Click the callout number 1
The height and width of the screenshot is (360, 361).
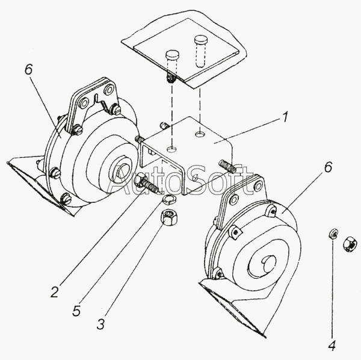pos(285,117)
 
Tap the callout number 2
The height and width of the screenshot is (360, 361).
pos(55,291)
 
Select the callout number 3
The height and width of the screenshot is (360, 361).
pos(101,323)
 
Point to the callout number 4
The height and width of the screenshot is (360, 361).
pos(332,346)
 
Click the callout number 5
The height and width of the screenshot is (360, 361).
pos(76,311)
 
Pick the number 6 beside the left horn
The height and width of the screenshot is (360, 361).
pos(29,69)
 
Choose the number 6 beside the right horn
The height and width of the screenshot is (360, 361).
pos(329,167)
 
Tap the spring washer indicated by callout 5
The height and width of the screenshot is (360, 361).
pos(169,199)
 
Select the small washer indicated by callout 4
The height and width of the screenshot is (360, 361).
pos(333,234)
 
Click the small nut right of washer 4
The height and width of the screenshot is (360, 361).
pos(350,244)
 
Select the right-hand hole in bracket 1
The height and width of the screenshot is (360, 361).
pos(199,134)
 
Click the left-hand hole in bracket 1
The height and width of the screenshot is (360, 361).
pos(171,149)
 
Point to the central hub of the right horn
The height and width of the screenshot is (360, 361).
pos(270,264)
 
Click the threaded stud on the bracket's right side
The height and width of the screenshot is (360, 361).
pos(227,166)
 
